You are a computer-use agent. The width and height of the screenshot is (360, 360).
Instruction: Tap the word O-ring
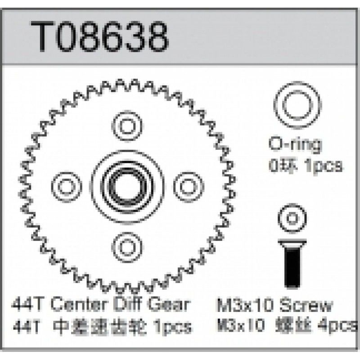coord(296,145)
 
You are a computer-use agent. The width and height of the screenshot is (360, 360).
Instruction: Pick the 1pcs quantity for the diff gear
coord(172,325)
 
